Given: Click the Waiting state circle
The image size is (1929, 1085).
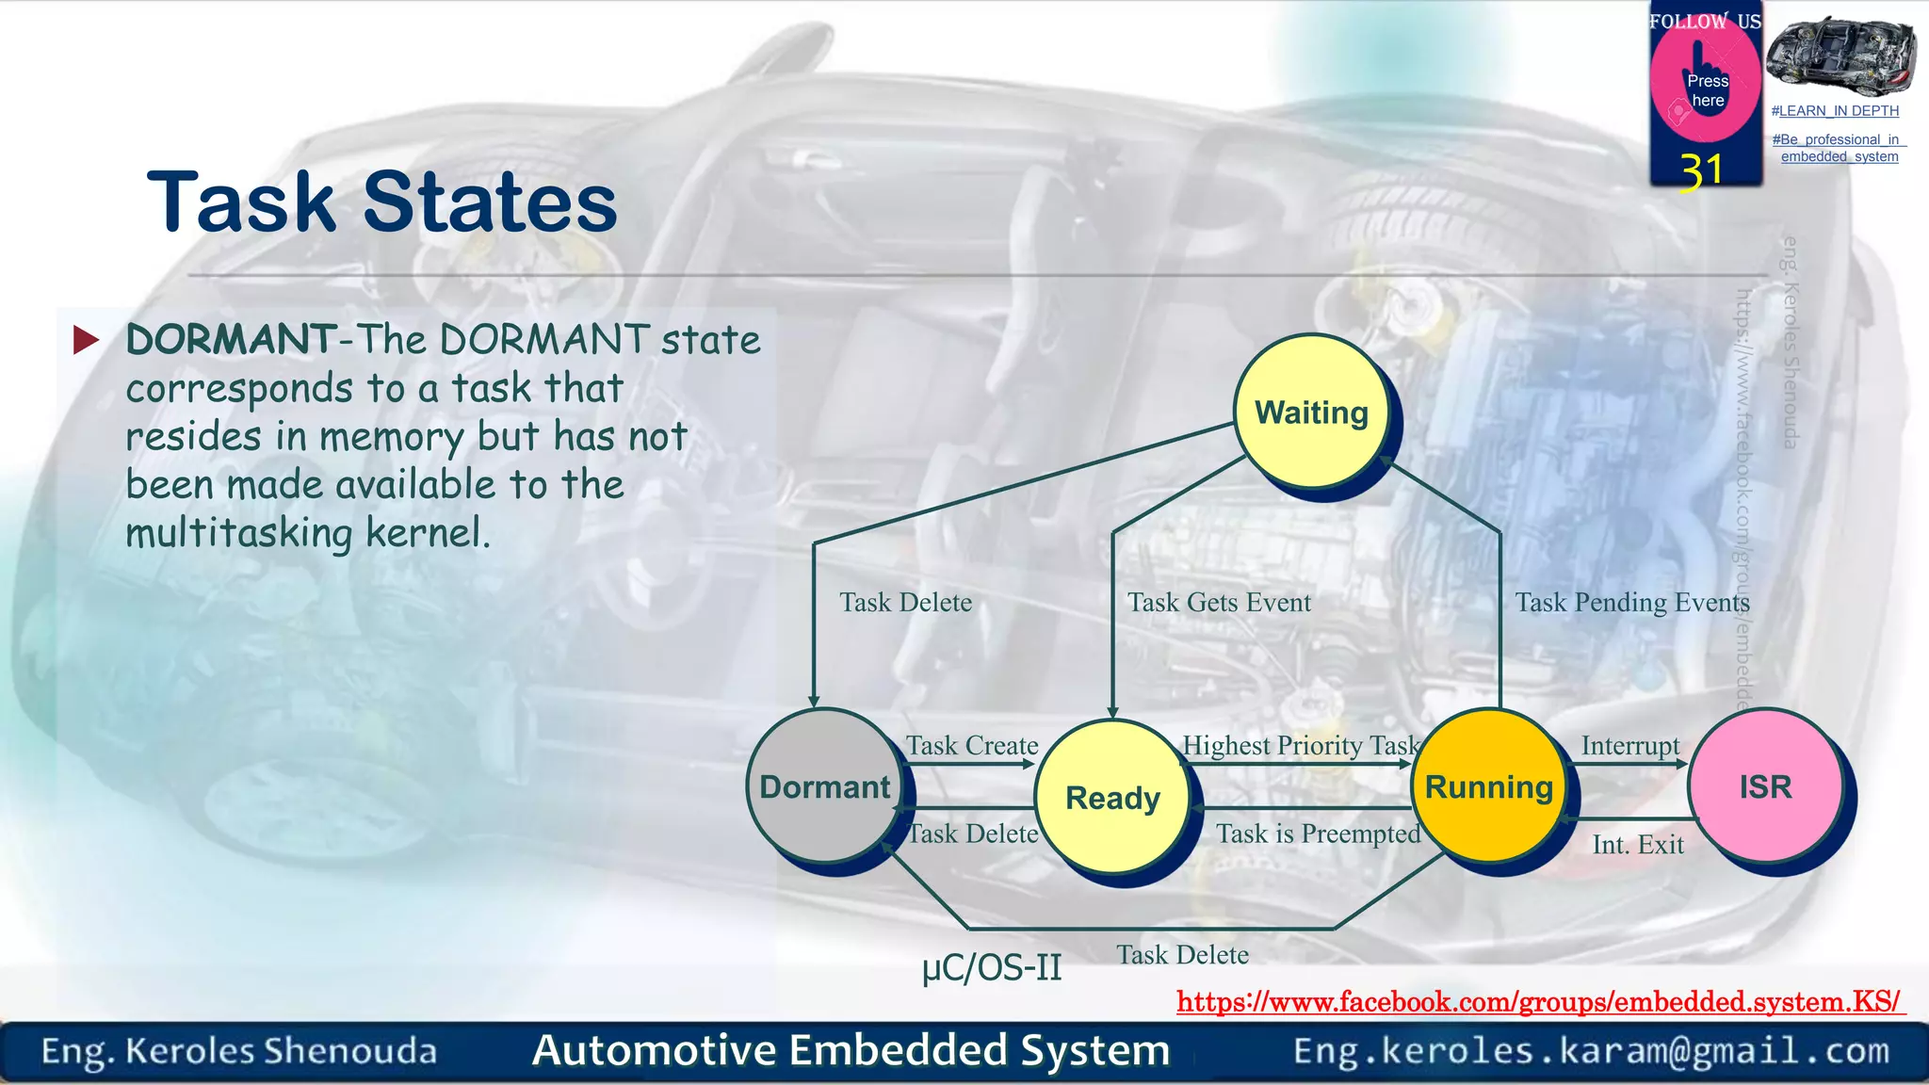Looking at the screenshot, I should (1311, 412).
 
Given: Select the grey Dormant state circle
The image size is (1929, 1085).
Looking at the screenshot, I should (824, 786).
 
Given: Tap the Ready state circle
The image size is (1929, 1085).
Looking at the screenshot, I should (1112, 798).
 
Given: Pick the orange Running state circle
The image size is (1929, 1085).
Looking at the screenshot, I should (1488, 786).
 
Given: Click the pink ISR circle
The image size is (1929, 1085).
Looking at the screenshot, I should (1765, 786).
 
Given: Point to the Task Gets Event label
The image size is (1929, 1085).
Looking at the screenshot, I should (1219, 603).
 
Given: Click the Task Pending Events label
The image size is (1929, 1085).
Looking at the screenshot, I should (1631, 603).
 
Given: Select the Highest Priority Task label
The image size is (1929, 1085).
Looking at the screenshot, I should (1300, 746).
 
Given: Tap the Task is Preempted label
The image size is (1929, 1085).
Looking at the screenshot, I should (1318, 834).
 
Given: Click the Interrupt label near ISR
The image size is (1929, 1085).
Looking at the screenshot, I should (1629, 746).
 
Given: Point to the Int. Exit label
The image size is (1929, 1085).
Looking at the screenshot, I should (1637, 845).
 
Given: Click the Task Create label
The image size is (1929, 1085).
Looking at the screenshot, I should (972, 746).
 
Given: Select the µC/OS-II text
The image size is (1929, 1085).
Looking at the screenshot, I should (992, 967).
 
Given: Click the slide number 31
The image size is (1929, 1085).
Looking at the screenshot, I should (1701, 171).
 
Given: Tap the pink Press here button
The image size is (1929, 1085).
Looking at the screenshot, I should (1706, 88).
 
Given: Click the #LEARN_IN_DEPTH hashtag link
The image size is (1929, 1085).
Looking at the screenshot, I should (1834, 111).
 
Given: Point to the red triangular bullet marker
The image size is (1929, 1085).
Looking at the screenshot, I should (86, 339).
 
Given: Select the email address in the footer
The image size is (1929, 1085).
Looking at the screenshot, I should (1591, 1050).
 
